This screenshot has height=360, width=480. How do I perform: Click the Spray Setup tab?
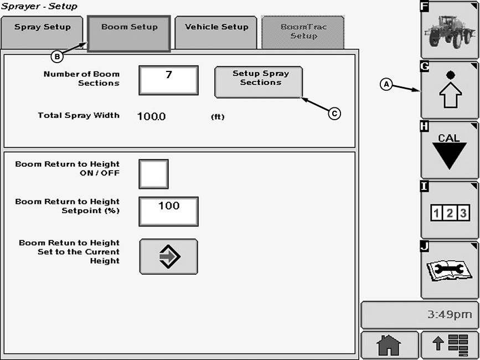(43, 30)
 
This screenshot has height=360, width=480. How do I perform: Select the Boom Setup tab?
(129, 31)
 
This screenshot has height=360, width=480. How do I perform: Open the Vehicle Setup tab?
(216, 31)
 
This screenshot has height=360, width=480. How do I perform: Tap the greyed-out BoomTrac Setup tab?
(303, 32)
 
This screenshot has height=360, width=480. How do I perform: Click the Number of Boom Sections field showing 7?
(168, 80)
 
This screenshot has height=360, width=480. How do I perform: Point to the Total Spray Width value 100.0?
(151, 116)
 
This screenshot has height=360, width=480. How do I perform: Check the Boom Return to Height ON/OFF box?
(153, 174)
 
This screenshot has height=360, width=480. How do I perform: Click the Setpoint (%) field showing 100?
(168, 211)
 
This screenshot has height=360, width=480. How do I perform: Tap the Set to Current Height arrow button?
(168, 256)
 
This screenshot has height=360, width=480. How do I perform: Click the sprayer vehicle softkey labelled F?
(450, 30)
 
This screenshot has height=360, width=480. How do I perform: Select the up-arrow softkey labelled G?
(450, 90)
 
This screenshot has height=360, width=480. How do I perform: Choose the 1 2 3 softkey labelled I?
(450, 210)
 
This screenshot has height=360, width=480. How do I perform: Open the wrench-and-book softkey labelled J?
(450, 270)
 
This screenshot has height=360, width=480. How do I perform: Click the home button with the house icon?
(389, 345)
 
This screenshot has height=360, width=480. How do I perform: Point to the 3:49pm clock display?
(420, 315)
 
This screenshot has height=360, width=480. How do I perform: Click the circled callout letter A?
(386, 84)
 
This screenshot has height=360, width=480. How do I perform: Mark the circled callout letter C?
(334, 113)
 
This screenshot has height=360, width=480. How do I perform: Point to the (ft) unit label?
(218, 117)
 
